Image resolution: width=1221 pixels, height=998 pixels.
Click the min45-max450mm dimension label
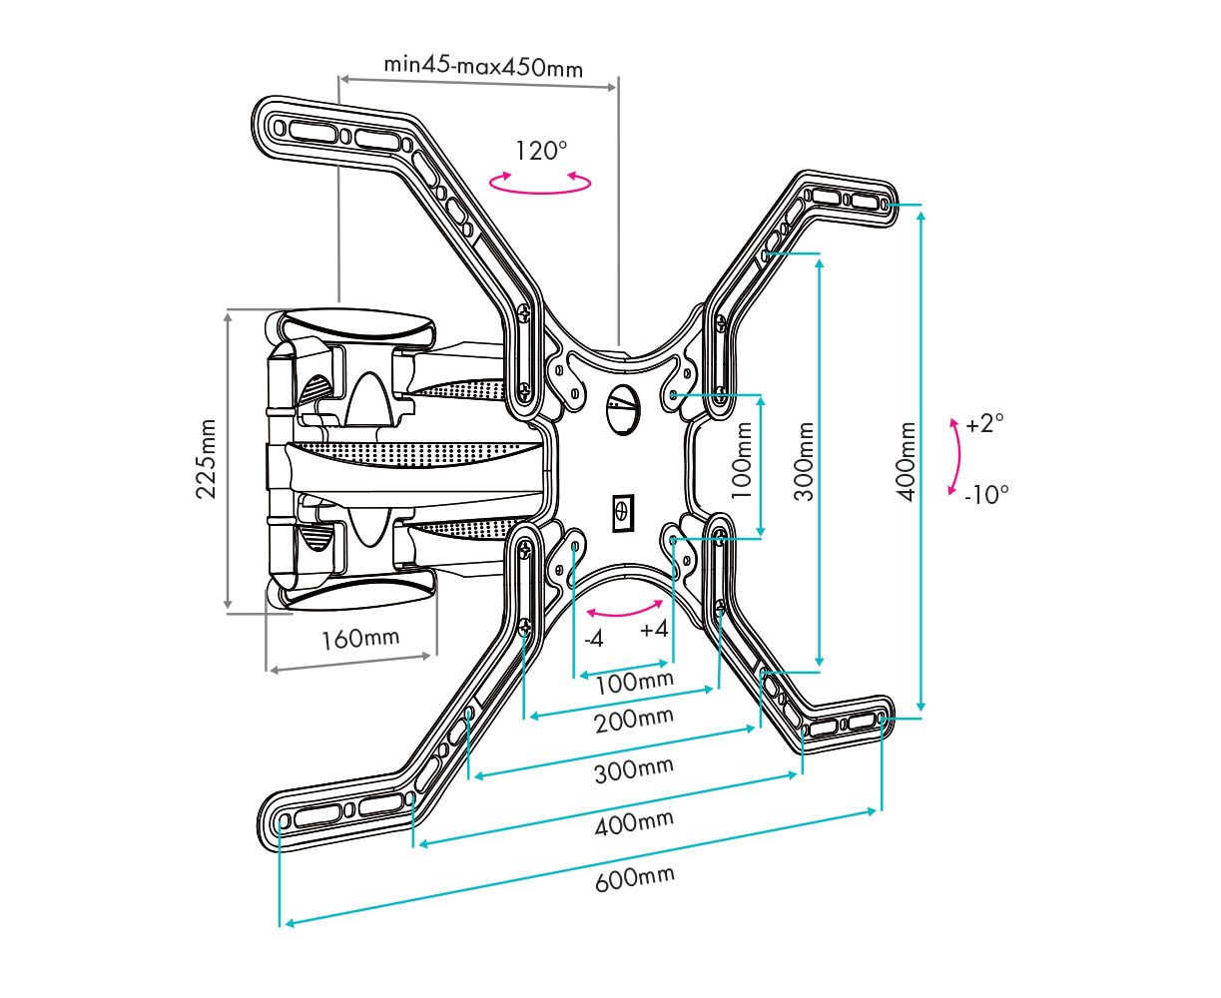coord(483,67)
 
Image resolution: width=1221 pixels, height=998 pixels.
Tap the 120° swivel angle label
coord(541,151)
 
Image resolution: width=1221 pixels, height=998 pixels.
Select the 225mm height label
coord(206,458)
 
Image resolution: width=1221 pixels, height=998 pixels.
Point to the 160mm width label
coord(360,639)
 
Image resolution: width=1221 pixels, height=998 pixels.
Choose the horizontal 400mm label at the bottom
coord(634,822)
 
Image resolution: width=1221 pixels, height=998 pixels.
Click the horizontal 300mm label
coord(634,769)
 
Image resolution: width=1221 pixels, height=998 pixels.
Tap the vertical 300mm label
coord(803,461)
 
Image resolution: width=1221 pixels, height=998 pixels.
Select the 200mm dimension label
coord(634,720)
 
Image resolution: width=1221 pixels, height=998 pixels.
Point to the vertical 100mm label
coord(741,460)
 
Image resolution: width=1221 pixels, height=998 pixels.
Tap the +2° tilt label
coord(984,424)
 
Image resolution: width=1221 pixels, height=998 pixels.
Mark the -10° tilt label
coord(986,495)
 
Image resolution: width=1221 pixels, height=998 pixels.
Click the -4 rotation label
coord(594,640)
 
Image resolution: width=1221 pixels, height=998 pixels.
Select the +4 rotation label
coord(654,629)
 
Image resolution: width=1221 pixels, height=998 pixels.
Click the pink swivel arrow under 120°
coord(540,190)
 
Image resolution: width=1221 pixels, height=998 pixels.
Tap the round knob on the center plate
coord(622,407)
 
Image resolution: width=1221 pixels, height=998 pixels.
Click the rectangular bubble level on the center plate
coord(623,512)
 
